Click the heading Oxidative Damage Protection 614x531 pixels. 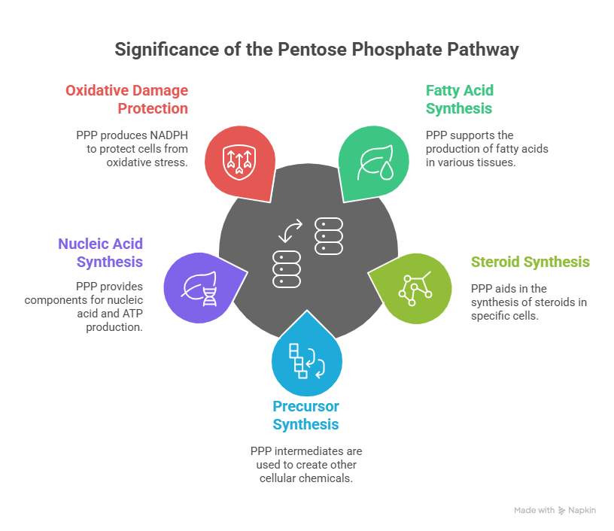point(127,99)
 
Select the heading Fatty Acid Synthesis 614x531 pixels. point(460,99)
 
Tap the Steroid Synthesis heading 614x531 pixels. point(530,262)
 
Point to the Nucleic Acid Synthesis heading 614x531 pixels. point(101,253)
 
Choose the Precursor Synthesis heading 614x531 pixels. point(305,415)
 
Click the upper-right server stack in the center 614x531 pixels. point(329,235)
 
